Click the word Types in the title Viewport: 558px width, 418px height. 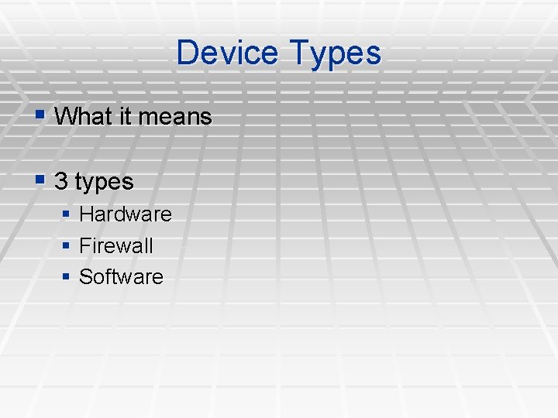tap(336, 53)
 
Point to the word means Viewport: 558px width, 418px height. tap(176, 117)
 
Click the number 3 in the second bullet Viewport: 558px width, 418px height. tap(61, 182)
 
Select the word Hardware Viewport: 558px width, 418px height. tap(126, 213)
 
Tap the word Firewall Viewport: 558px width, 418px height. tap(116, 245)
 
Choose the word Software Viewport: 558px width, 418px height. tap(121, 276)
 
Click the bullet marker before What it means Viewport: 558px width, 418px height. tap(41, 116)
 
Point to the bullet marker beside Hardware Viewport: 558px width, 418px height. tap(67, 213)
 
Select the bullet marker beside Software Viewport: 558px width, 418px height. tap(67, 276)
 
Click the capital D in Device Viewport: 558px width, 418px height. tap(186, 53)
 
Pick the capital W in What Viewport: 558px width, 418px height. tap(67, 117)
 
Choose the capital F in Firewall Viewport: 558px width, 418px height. tap(84, 245)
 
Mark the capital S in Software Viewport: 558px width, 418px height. tap(85, 276)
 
